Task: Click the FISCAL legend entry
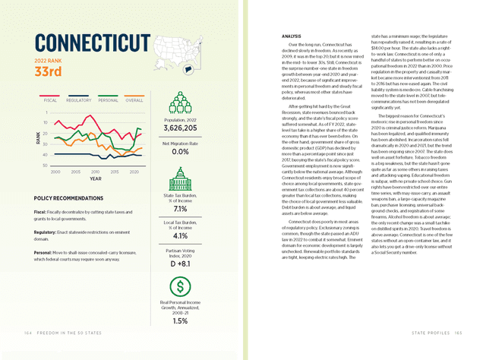[x=51, y=99]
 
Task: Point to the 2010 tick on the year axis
[x=95, y=172]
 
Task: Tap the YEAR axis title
[x=95, y=179]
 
